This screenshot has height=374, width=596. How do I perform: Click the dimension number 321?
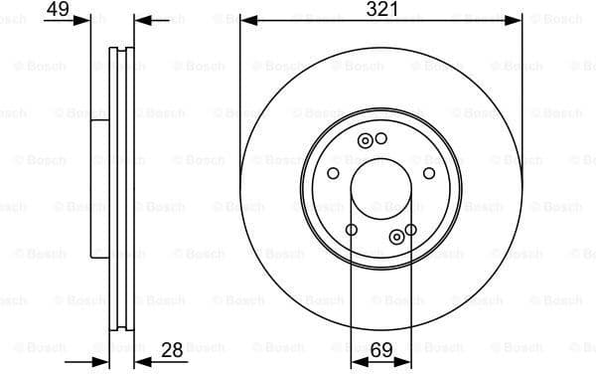pos(381,9)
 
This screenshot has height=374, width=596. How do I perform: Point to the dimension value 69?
pos(381,349)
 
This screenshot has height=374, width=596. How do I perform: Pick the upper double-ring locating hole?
pos(365,140)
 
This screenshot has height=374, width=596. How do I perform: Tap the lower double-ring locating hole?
pos(397,236)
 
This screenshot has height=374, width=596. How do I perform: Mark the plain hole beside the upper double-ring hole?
pos(380,137)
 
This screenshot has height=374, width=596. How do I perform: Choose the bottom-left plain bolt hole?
pos(351,230)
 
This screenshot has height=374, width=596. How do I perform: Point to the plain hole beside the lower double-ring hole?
pos(411,230)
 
